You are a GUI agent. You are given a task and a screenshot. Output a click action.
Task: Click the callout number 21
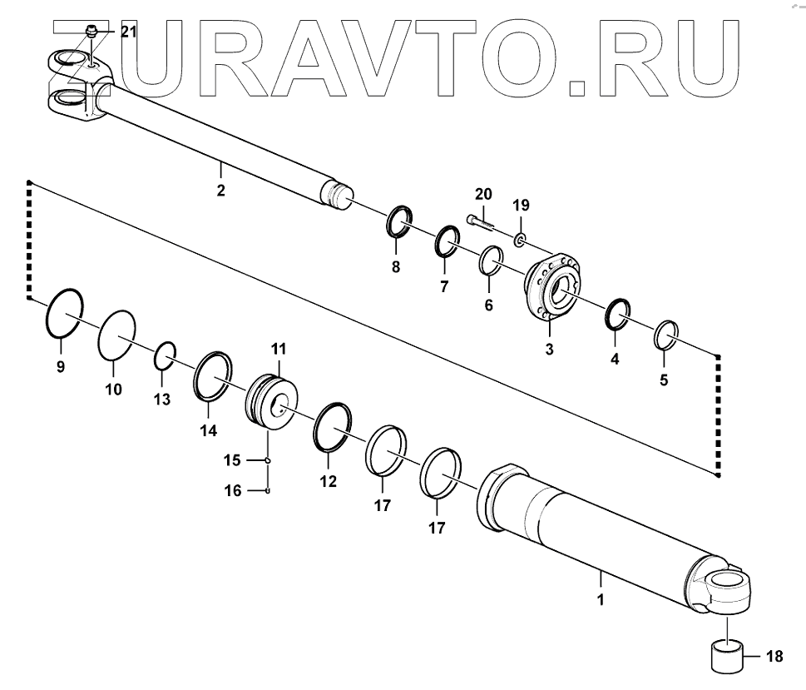(x=128, y=32)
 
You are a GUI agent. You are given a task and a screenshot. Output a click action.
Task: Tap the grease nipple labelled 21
(x=92, y=34)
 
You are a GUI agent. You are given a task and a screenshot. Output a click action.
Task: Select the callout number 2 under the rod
(x=220, y=191)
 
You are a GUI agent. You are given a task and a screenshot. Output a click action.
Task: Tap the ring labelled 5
(x=667, y=335)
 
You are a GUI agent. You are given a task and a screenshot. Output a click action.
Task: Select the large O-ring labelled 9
(x=62, y=313)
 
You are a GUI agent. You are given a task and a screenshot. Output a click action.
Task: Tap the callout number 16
(x=234, y=491)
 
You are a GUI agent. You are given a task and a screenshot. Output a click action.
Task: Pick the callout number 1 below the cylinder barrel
(x=600, y=598)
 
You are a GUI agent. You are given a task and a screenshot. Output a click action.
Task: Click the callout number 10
(x=112, y=389)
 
